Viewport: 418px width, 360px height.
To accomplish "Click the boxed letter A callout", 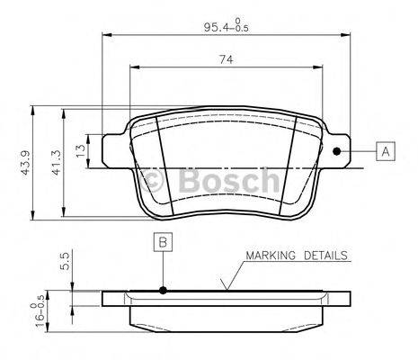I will (385, 150).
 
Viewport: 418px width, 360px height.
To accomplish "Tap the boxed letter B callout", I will (163, 240).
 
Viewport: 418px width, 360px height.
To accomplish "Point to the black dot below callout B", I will (163, 290).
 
